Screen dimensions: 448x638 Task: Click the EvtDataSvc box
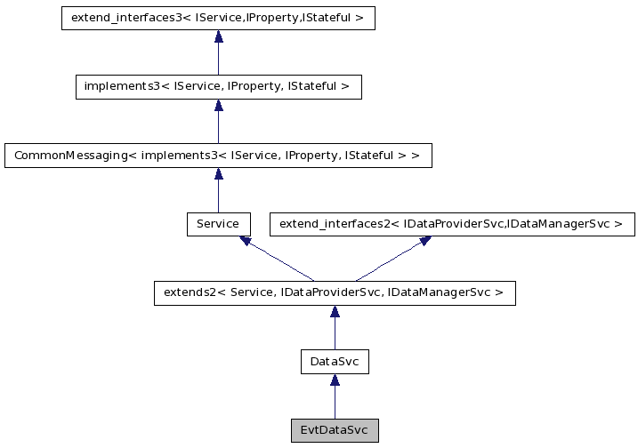click(x=335, y=430)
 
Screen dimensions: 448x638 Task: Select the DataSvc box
click(x=335, y=362)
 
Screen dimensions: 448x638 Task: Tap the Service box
click(x=218, y=224)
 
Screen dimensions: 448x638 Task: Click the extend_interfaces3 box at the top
click(x=218, y=18)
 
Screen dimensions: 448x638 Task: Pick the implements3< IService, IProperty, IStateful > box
click(x=218, y=86)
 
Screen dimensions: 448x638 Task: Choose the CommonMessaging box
click(x=218, y=156)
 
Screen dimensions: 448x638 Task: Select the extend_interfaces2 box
click(x=452, y=224)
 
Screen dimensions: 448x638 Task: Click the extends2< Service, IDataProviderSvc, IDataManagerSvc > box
click(x=335, y=293)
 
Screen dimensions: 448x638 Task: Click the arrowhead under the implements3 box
click(x=218, y=105)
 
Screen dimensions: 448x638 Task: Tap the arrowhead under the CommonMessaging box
click(x=218, y=174)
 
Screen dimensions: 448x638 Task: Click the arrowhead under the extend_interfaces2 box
click(x=424, y=241)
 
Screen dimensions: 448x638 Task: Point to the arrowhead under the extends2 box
click(x=335, y=312)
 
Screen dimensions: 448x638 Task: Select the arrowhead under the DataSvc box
click(x=335, y=380)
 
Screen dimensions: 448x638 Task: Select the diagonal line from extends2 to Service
click(x=279, y=261)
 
